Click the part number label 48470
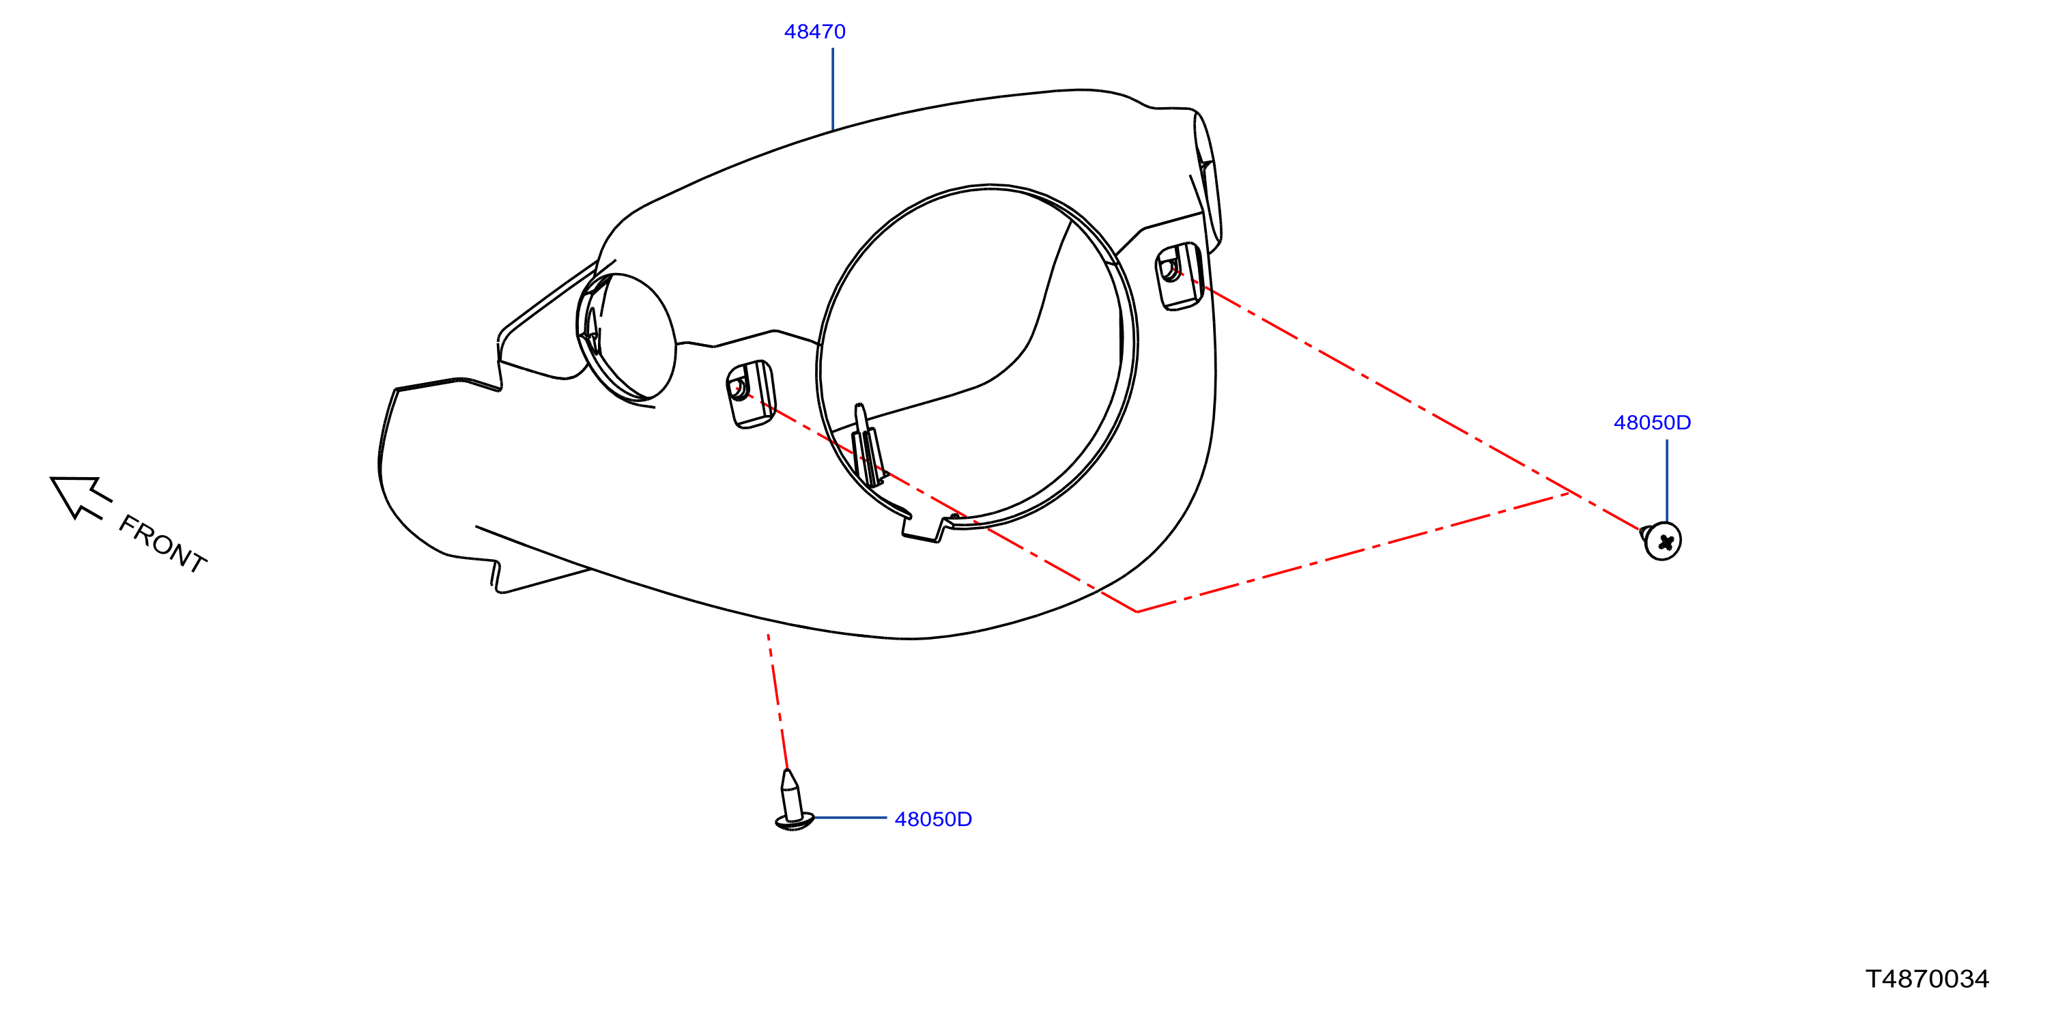[814, 31]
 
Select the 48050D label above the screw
[1652, 423]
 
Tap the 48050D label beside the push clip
[933, 819]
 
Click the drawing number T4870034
[1927, 978]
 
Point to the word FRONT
[163, 544]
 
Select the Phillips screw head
[1661, 541]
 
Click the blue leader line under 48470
[833, 88]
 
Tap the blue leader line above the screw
[1667, 481]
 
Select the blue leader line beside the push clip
[851, 818]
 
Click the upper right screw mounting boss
[1178, 276]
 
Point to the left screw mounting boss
[750, 394]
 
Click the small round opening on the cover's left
[627, 338]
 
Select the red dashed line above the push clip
[777, 701]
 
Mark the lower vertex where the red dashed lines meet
[1137, 612]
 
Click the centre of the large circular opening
[977, 357]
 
